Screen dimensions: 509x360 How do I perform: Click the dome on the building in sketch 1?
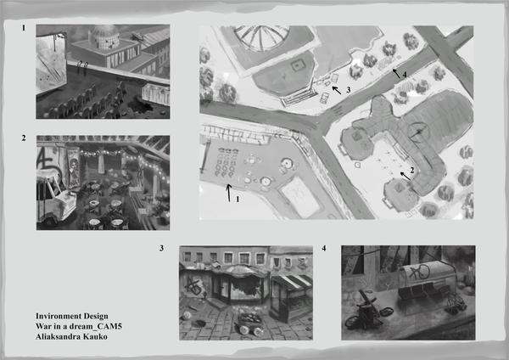tap(103, 37)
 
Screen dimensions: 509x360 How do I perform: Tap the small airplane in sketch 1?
tap(138, 37)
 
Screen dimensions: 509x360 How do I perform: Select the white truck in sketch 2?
tap(55, 198)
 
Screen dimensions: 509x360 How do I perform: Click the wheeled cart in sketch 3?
tap(249, 323)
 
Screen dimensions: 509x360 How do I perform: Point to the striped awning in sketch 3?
tap(292, 282)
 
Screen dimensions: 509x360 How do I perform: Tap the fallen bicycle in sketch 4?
tap(368, 311)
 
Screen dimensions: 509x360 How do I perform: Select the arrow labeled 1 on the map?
tap(229, 193)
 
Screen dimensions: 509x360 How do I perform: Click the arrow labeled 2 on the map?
tap(406, 176)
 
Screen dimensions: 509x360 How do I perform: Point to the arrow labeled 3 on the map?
tap(337, 90)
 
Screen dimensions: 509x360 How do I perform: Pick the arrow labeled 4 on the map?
tap(396, 73)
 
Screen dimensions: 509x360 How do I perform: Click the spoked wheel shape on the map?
tap(261, 37)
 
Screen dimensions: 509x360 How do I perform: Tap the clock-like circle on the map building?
tap(419, 132)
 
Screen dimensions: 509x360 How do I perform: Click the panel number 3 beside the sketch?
tap(161, 249)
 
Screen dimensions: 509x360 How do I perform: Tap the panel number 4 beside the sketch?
tap(324, 249)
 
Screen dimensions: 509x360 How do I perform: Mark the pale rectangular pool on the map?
tap(300, 197)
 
